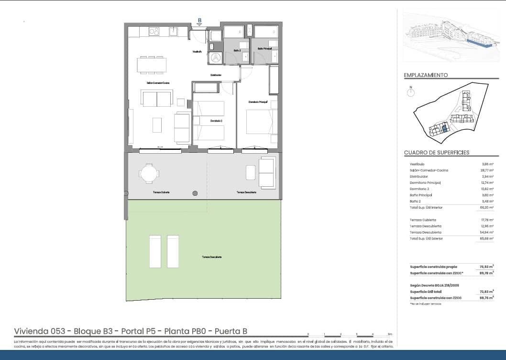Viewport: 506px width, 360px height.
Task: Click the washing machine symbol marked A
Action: point(216,57)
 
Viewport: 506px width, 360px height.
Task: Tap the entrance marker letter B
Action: point(200,20)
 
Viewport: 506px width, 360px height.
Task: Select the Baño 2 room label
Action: point(238,49)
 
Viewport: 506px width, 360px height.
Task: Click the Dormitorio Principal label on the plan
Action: point(257,101)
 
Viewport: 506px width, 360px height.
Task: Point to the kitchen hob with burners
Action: point(154,32)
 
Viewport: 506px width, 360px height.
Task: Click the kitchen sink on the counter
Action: point(174,32)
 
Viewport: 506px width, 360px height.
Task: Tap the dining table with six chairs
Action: point(152,65)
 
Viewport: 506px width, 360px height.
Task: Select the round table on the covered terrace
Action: point(149,173)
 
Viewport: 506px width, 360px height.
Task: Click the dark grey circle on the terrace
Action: point(195,193)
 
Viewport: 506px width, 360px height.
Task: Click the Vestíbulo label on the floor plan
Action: point(198,51)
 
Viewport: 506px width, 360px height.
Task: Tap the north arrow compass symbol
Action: point(410,92)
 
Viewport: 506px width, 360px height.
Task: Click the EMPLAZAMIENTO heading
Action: point(426,75)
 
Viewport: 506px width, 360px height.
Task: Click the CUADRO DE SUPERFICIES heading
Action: point(436,153)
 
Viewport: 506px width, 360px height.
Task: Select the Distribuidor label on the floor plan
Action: point(215,75)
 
